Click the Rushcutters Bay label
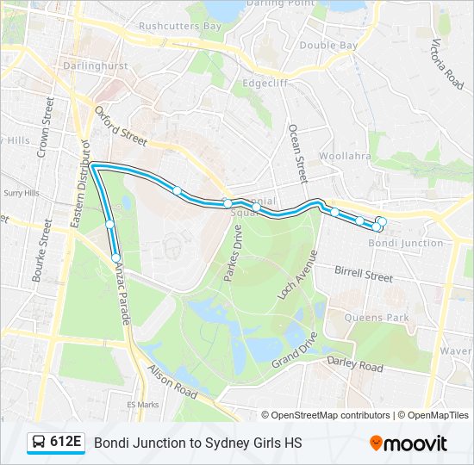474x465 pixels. (x=180, y=27)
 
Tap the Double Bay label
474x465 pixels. (x=328, y=45)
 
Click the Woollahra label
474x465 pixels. (x=345, y=156)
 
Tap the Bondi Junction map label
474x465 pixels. (x=406, y=244)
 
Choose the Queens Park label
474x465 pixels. (x=377, y=317)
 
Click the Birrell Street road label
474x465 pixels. (x=363, y=276)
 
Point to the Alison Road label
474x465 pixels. (x=173, y=380)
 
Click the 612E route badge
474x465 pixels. (x=56, y=443)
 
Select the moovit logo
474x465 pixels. (x=409, y=443)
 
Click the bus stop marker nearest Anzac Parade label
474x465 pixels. (x=115, y=257)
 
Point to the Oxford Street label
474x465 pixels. (x=122, y=125)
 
